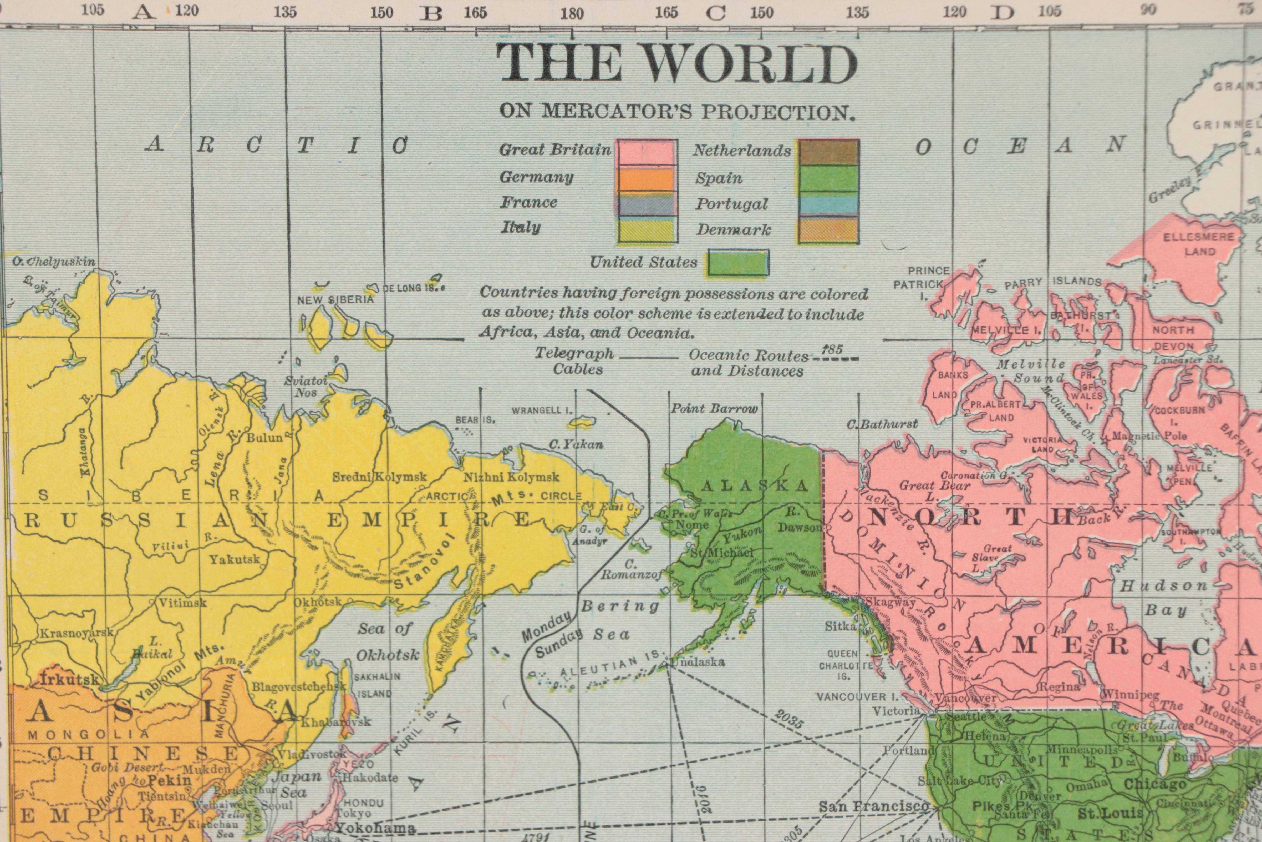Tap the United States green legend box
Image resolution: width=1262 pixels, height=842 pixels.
click(738, 263)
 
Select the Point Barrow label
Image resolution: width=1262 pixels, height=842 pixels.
click(714, 409)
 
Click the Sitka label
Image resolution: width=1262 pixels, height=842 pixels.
click(840, 626)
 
